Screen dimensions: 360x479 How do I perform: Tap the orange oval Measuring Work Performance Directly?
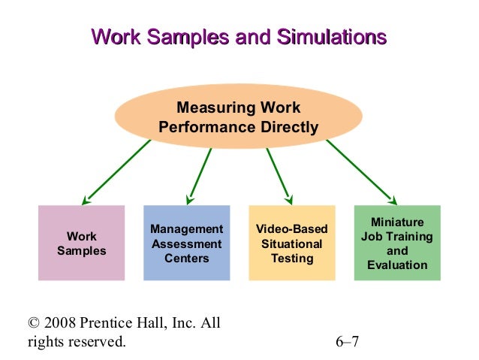(238, 117)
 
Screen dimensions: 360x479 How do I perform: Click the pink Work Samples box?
(82, 243)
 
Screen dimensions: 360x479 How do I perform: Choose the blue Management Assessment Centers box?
(186, 243)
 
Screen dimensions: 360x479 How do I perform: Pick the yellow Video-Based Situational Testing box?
(291, 243)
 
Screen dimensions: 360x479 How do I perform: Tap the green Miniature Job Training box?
(397, 243)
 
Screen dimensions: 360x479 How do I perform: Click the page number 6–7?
(348, 342)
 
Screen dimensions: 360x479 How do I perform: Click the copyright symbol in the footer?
(32, 324)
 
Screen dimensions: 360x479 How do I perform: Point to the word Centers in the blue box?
(186, 258)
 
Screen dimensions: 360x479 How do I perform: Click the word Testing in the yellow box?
(291, 258)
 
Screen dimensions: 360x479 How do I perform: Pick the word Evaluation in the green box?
(397, 265)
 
